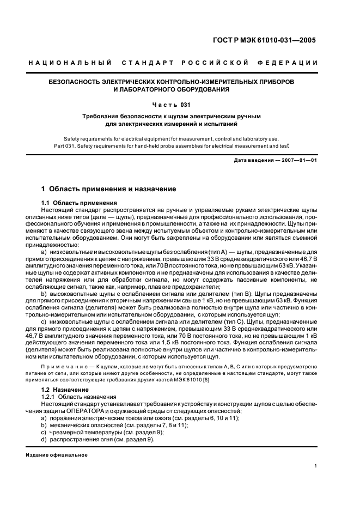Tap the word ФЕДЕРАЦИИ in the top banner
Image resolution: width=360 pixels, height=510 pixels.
291,63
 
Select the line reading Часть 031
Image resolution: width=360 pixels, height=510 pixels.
179,104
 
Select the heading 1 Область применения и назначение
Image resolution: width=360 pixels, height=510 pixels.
109,189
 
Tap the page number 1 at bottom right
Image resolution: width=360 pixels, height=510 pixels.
316,466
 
